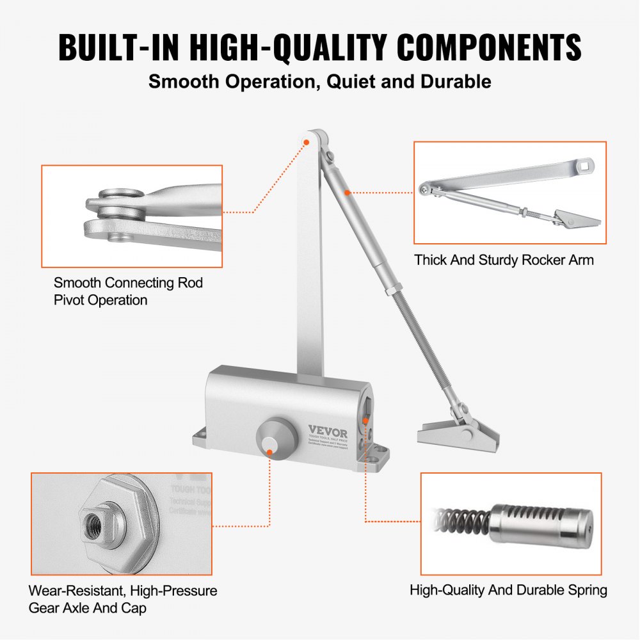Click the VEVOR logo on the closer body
click(337, 430)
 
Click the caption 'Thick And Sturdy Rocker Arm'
click(504, 260)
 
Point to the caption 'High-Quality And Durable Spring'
click(508, 589)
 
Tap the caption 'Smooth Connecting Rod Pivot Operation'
click(128, 291)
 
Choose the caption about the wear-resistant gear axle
click(123, 599)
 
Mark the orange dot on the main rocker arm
click(347, 191)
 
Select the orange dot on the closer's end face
click(366, 420)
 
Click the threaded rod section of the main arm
click(422, 346)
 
